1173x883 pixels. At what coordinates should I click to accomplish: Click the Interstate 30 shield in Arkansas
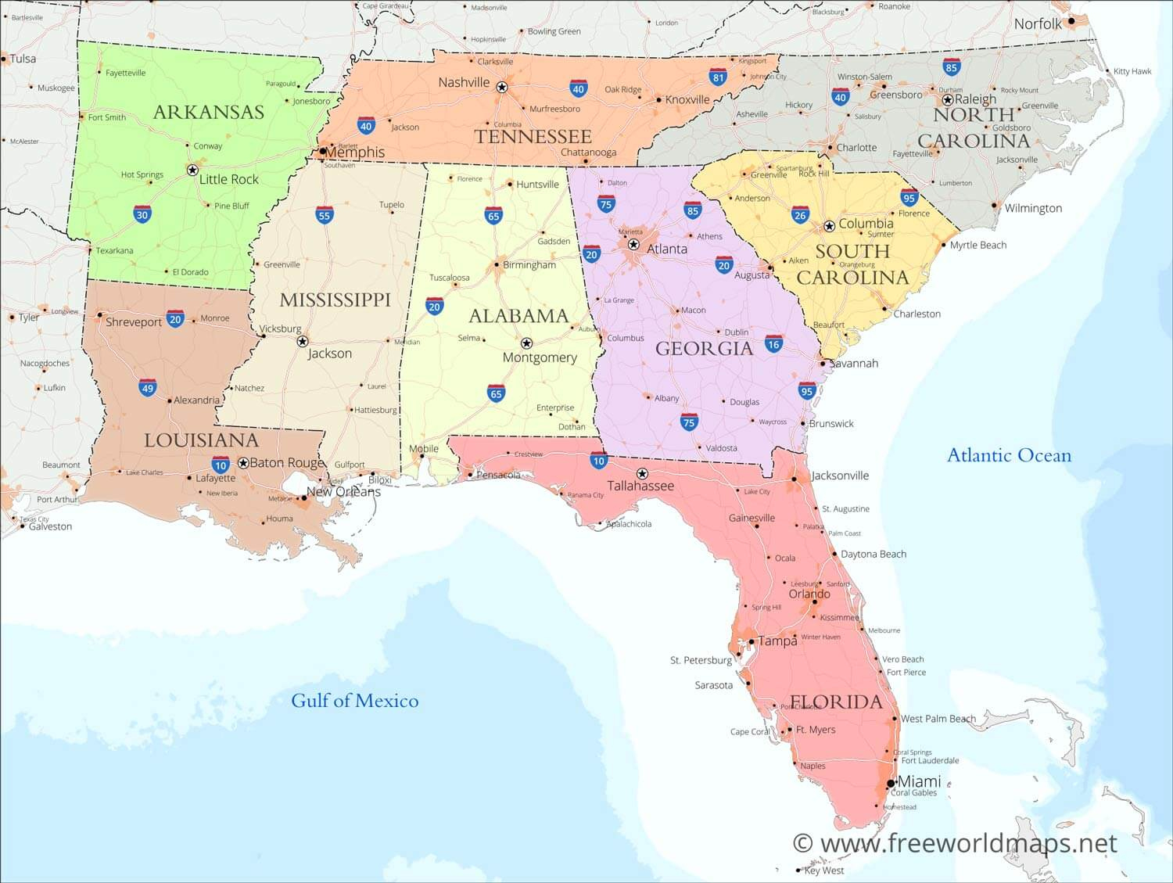tap(142, 215)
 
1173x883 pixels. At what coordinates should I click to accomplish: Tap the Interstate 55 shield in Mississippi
tap(325, 215)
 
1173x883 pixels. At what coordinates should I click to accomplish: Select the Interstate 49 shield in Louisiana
tap(148, 388)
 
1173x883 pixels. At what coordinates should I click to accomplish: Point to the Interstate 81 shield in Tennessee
tap(719, 77)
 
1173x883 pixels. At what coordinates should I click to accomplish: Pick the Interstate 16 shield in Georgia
tap(773, 344)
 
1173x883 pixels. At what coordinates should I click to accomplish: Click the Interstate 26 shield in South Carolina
tap(799, 215)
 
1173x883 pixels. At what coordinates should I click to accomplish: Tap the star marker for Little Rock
tap(192, 170)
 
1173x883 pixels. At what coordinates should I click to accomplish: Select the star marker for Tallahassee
tap(642, 473)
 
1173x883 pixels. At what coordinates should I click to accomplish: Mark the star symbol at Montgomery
tap(526, 343)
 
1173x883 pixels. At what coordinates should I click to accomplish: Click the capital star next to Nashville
tap(502, 87)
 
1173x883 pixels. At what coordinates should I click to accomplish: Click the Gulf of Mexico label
tap(354, 701)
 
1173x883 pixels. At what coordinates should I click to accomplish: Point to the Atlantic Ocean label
tap(1009, 455)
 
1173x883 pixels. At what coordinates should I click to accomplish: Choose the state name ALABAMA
tap(518, 316)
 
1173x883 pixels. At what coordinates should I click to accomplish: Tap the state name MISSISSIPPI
tap(335, 300)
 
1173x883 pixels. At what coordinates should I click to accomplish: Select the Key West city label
tap(824, 870)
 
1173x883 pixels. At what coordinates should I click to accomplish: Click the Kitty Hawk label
tap(1132, 71)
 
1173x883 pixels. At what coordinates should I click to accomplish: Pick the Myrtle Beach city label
tap(977, 245)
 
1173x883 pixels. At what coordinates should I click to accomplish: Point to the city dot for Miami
tap(891, 783)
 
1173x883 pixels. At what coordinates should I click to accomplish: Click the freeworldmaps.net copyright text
tap(955, 843)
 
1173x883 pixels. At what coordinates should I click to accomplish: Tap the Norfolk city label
tap(1038, 24)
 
